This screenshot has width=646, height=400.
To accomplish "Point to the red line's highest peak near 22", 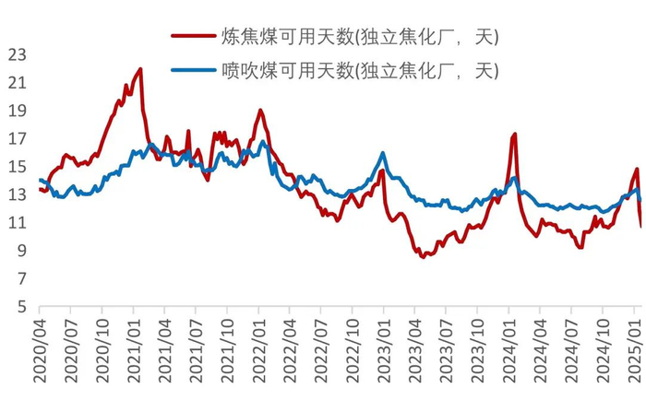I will point(140,68).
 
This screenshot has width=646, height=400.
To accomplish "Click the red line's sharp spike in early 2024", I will point(514,135).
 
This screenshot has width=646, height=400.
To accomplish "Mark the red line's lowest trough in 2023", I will point(423,256).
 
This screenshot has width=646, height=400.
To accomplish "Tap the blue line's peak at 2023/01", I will point(383,153).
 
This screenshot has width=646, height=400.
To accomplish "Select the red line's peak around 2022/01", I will point(260,111).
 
